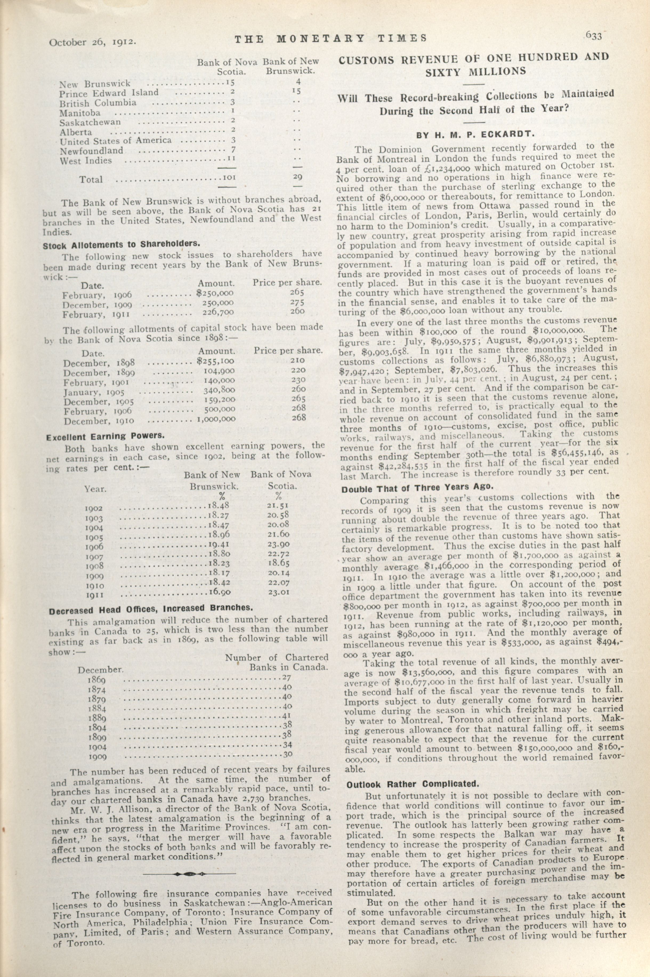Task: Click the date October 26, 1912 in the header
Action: click(93, 42)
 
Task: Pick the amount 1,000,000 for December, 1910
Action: click(216, 420)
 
